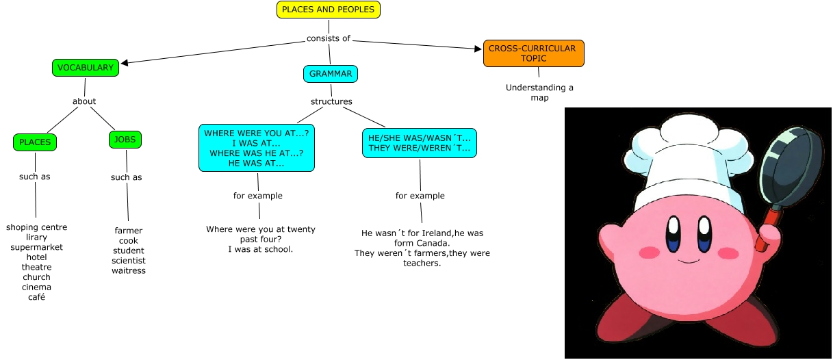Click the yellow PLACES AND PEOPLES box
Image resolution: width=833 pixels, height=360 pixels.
tap(328, 10)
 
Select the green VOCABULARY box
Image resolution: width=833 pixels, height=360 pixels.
tap(85, 68)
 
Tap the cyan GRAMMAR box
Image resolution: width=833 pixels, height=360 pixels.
tap(331, 73)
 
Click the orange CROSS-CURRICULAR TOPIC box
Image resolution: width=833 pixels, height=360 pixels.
tap(534, 53)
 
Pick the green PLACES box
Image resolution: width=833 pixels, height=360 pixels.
tap(35, 142)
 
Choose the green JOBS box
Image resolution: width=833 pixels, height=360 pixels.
tap(125, 140)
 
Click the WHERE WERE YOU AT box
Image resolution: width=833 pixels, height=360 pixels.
tap(257, 148)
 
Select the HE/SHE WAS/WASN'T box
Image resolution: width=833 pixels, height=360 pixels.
tap(420, 143)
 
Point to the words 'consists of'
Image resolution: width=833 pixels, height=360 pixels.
tap(329, 38)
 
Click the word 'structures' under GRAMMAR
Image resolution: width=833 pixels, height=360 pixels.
tap(331, 101)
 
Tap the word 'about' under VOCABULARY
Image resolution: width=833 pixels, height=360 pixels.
tap(84, 101)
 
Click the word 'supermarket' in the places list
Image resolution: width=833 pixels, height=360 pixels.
tap(36, 247)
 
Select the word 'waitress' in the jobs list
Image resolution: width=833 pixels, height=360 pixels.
tap(129, 270)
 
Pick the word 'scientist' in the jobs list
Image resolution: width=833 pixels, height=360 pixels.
tap(129, 260)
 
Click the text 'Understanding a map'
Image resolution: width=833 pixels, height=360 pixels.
tap(539, 92)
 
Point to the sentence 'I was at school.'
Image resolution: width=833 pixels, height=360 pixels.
tap(260, 249)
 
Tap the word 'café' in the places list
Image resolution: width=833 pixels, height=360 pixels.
tap(36, 297)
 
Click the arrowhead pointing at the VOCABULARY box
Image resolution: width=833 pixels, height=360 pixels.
tap(125, 63)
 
